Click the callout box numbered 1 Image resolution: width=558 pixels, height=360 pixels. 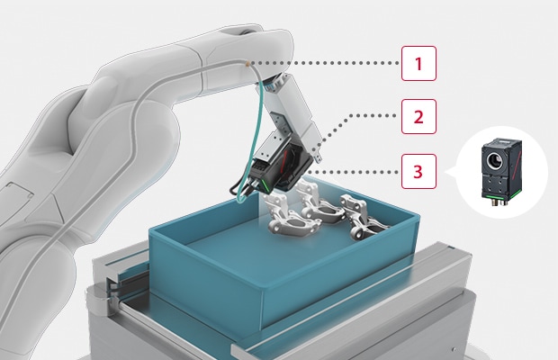click(418, 63)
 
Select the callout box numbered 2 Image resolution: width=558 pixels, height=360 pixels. click(418, 117)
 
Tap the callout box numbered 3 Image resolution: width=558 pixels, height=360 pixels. click(418, 171)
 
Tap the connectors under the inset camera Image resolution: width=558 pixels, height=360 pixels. click(498, 202)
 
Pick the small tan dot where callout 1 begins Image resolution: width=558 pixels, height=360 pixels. click(247, 64)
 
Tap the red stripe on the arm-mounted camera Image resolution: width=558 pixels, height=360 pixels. click(284, 159)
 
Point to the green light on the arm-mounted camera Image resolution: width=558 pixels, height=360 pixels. click(265, 185)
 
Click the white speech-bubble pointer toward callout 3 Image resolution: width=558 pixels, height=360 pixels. click(451, 172)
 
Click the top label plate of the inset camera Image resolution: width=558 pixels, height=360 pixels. click(502, 142)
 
